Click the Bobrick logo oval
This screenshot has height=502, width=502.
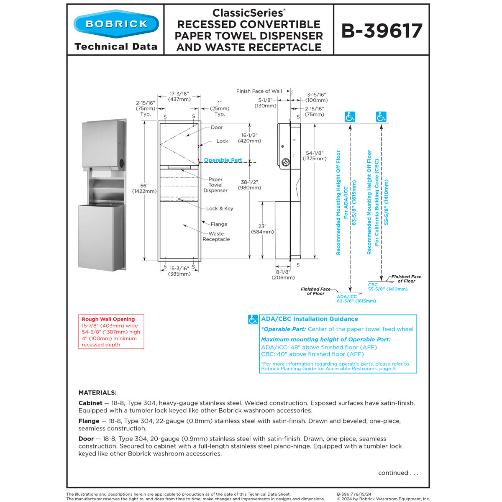coord(116,23)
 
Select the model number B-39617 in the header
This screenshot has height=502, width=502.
coord(382,31)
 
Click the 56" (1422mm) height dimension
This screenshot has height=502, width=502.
coord(144,188)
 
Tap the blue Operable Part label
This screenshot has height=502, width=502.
coord(223,160)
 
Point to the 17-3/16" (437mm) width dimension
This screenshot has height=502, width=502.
coord(179,97)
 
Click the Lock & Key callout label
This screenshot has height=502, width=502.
coord(220,208)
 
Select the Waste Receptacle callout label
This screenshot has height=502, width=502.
coord(216,236)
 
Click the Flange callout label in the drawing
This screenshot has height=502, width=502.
coord(219,224)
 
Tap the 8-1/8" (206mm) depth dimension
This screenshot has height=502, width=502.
coord(283,274)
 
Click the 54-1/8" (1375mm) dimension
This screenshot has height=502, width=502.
coord(316,156)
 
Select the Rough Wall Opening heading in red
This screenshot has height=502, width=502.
coord(108,319)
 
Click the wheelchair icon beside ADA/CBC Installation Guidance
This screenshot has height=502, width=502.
coord(253,320)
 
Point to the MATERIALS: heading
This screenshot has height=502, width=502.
coord(97,393)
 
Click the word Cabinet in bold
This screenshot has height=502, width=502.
coord(90,403)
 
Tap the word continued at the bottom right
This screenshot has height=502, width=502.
coord(393,473)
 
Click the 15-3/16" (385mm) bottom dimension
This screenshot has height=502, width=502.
coord(179,271)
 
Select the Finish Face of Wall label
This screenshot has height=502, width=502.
coord(259,91)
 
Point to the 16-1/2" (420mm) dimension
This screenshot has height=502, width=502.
coord(249,138)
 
